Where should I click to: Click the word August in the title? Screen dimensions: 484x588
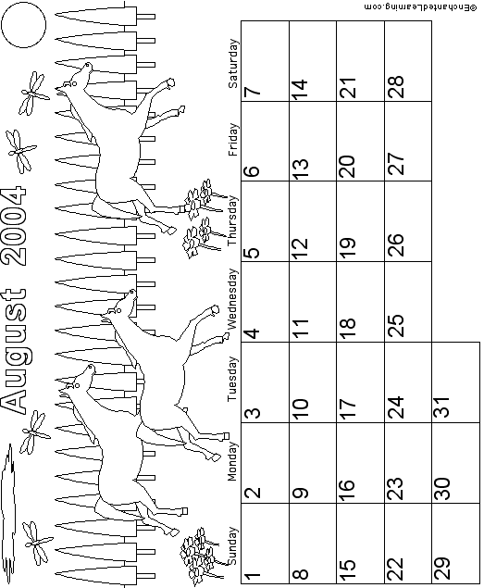pos(14,351)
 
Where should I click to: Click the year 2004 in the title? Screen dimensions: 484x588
pos(14,227)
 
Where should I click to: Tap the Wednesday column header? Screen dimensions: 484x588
pos(232,299)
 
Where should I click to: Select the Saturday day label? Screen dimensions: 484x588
pos(232,64)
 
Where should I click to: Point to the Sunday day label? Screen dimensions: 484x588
pos(232,546)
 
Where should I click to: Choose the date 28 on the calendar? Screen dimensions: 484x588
pos(394,87)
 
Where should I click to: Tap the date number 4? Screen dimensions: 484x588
pos(251,333)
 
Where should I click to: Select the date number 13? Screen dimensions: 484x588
pos(299,168)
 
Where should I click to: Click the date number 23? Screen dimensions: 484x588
pos(394,489)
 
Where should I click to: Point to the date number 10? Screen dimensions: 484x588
pos(299,408)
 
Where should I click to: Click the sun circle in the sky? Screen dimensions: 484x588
pos(24,25)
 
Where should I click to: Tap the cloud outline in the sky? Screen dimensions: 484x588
pos(8,514)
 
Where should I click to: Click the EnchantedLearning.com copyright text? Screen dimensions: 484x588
pos(421,7)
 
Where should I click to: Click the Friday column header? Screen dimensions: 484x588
pos(232,140)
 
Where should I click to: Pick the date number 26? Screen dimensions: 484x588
pos(394,244)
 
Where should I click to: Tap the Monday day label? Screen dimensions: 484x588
pos(232,461)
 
